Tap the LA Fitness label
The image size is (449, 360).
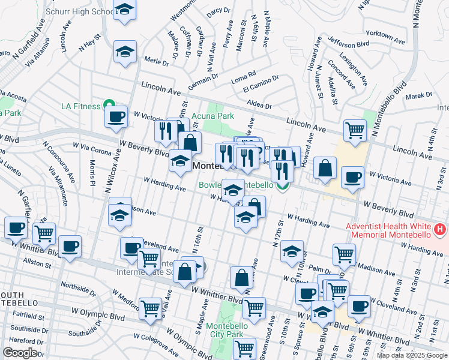tap(81, 106)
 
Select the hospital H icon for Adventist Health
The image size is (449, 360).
tap(441, 229)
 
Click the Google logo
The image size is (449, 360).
tap(20, 353)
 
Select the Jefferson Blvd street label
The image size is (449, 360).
tap(349, 42)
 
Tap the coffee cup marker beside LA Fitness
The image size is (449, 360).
tap(116, 116)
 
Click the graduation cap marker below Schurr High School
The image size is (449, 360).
tap(125, 52)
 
